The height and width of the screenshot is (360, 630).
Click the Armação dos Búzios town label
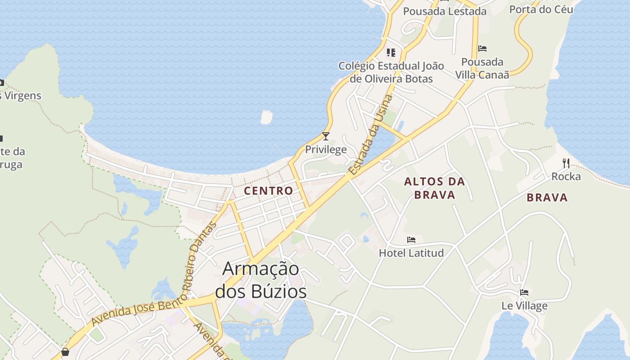coord(261,280)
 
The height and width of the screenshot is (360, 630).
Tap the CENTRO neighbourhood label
coord(268,190)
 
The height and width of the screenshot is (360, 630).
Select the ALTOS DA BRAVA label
coord(434,188)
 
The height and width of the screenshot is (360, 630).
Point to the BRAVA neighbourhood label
coord(547,197)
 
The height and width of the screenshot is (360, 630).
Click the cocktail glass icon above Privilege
coord(326,136)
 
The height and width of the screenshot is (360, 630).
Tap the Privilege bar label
coord(326,149)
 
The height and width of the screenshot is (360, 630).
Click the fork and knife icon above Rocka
coord(566,163)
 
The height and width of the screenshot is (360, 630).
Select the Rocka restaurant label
coord(566,176)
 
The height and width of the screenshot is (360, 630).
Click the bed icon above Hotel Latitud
coord(411,240)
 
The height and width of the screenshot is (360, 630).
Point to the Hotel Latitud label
coord(411,253)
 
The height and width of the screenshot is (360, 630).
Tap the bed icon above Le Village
coord(524,292)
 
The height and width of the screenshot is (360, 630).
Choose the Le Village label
coord(524,306)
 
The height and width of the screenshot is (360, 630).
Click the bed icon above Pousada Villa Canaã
coord(482,49)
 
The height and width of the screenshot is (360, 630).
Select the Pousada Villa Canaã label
coord(482,68)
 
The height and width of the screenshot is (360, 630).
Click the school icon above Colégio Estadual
coord(391,53)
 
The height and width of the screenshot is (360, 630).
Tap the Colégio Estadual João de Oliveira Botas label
coord(391,72)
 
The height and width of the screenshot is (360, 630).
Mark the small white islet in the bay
coord(266,117)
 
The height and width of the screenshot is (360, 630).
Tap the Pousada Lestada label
coord(445,11)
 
